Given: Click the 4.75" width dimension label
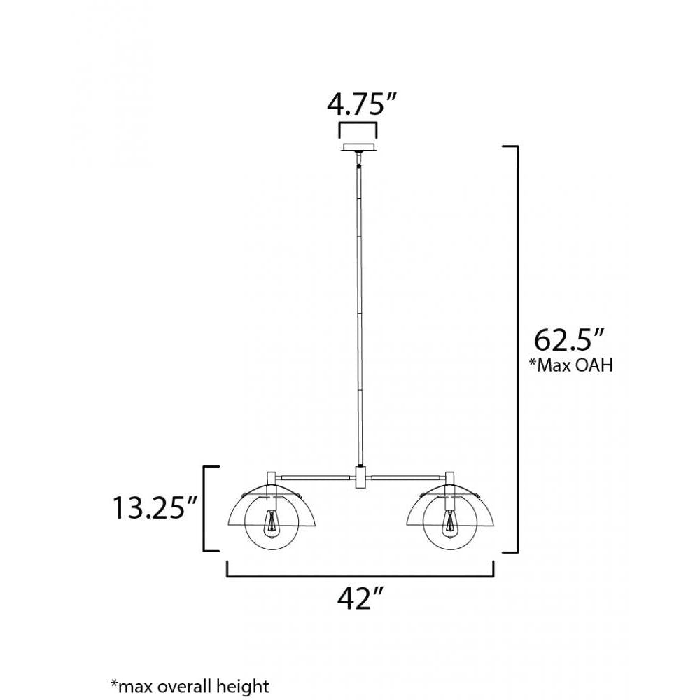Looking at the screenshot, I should click(358, 104).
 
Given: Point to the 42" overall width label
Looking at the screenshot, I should click(360, 598).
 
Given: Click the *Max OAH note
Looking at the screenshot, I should click(570, 365).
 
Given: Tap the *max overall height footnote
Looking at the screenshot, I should click(189, 685).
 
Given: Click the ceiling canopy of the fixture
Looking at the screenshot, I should click(358, 148).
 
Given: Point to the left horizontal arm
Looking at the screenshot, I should click(315, 477).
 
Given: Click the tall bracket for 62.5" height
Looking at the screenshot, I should click(516, 350).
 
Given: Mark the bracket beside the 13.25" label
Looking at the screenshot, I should click(205, 509).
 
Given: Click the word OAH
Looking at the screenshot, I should click(594, 365).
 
